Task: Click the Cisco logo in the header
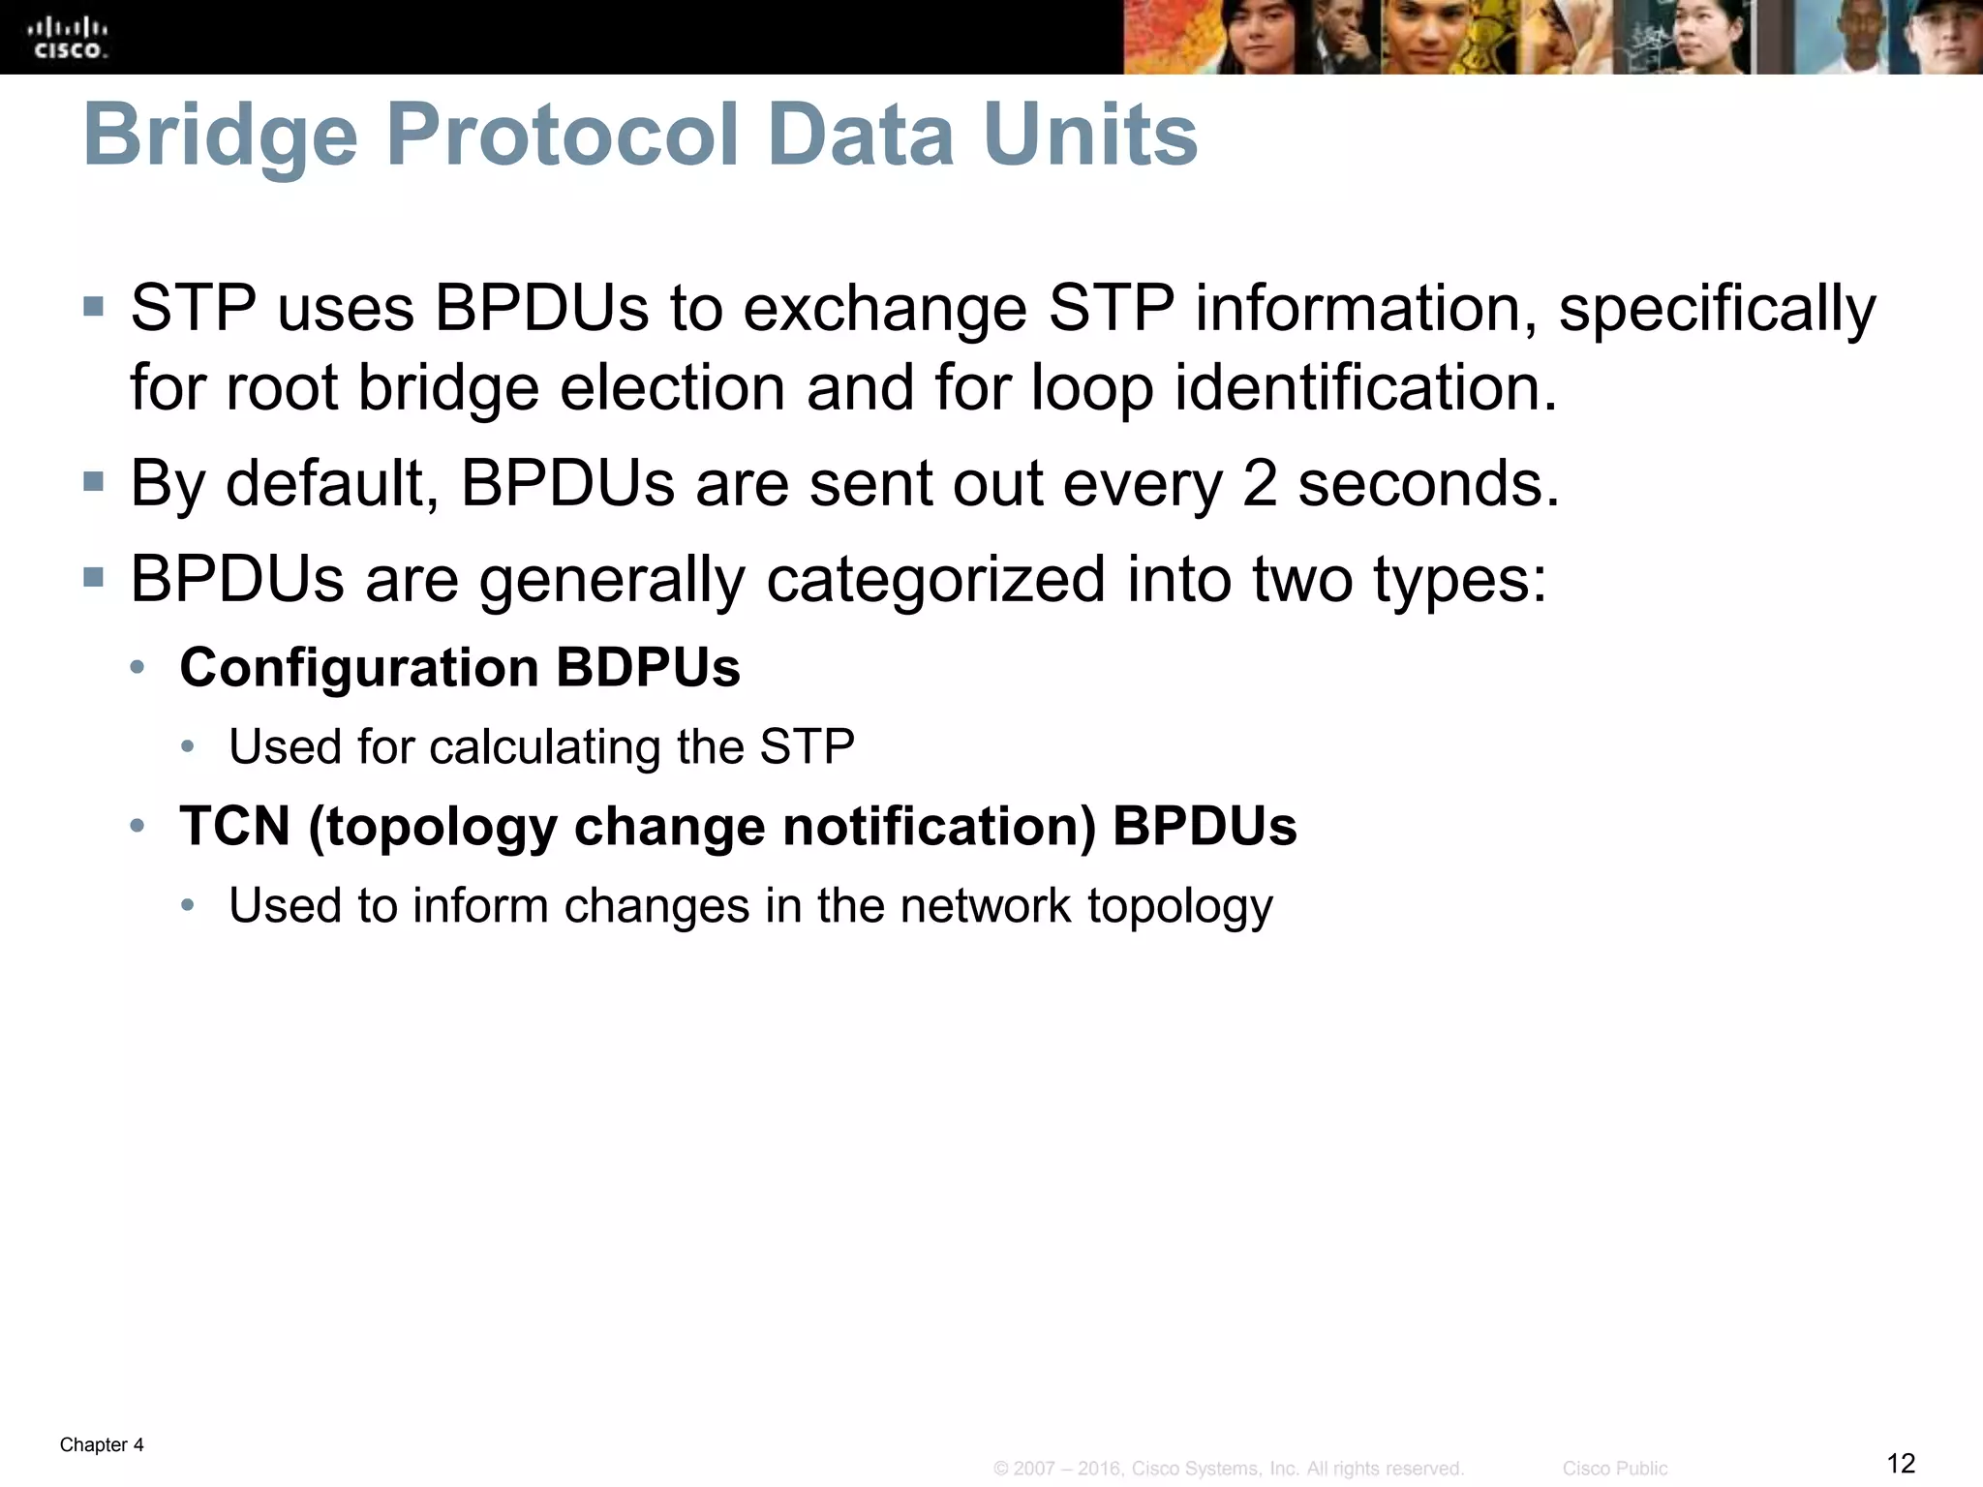coord(68,38)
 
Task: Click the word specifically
coord(1717,311)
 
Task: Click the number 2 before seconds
coord(1260,483)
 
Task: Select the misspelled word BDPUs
coord(648,668)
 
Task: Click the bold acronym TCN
coord(235,827)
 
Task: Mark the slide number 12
coord(1901,1463)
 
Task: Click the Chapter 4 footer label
coord(102,1445)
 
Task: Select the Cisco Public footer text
coord(1614,1469)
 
